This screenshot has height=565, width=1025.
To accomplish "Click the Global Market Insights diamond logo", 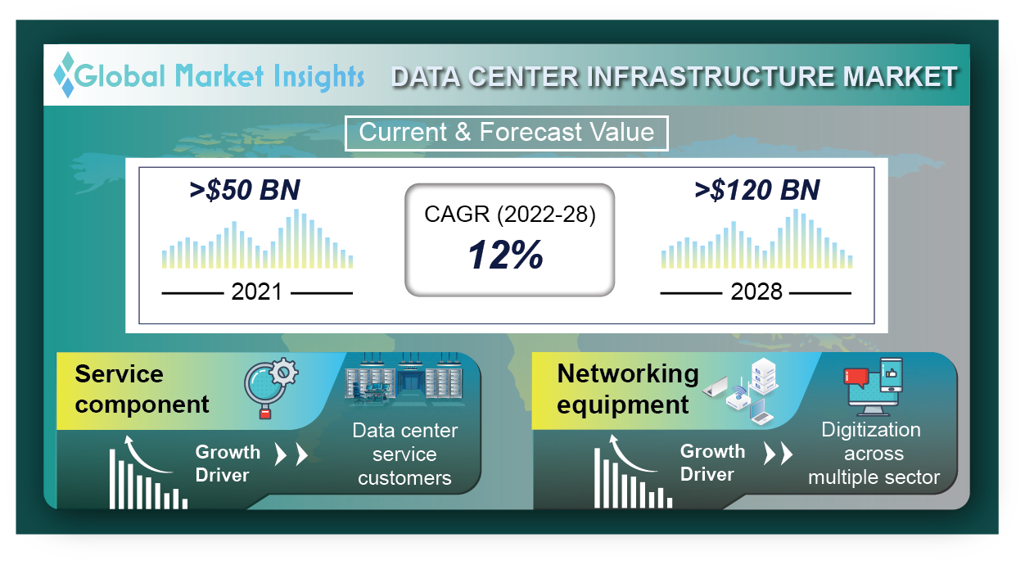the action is [x=64, y=75].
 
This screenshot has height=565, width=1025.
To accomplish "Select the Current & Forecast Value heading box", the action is [x=506, y=133].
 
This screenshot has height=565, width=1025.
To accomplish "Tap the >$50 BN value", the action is [x=245, y=190].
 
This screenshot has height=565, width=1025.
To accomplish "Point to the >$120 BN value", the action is [x=757, y=190].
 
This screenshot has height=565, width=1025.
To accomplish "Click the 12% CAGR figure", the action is [x=506, y=255].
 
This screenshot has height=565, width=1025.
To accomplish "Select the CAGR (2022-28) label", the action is [x=510, y=215].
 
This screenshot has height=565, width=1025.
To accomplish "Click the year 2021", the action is [x=257, y=292].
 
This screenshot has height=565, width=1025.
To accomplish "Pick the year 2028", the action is [x=756, y=292].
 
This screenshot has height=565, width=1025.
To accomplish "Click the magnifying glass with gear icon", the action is [x=270, y=387].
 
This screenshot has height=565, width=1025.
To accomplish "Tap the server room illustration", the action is [x=404, y=379].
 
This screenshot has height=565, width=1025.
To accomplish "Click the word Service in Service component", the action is [x=119, y=373].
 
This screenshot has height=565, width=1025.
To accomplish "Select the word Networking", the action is [x=628, y=375].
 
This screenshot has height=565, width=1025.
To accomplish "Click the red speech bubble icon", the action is [x=856, y=377].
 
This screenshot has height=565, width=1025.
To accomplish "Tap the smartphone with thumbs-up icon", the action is [x=892, y=375].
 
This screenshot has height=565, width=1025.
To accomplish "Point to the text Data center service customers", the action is [x=404, y=454].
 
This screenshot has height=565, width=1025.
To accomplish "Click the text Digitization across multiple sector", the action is [x=873, y=454].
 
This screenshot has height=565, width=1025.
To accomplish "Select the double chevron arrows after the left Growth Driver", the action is [x=291, y=454].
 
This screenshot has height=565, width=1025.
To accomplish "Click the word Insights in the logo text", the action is [x=319, y=76].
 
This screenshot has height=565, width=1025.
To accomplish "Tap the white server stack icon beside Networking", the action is [x=764, y=376].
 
